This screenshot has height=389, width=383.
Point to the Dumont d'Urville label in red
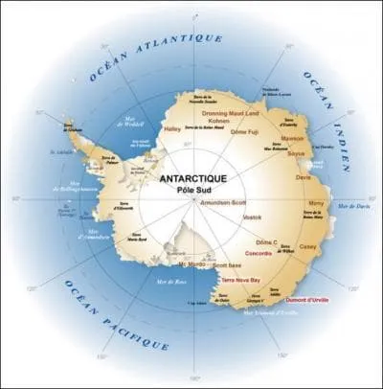(x=304, y=300)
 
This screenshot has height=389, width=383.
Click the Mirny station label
(x=315, y=204)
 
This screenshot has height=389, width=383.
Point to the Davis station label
(x=304, y=176)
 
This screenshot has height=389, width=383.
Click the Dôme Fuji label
(x=245, y=130)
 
